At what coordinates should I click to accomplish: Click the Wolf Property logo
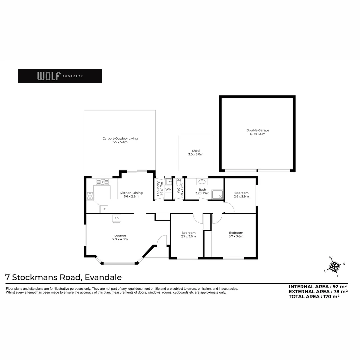[60, 76]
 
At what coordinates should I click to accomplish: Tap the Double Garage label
[258, 132]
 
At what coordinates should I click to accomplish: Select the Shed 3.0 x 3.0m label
[196, 152]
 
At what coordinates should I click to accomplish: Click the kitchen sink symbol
[102, 182]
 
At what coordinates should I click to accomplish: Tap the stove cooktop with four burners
[90, 196]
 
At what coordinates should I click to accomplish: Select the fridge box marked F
[104, 209]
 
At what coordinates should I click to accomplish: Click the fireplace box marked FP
[116, 219]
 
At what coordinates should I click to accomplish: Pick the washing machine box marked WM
[168, 189]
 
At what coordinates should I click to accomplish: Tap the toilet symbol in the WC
[179, 182]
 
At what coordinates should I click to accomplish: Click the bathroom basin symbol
[202, 182]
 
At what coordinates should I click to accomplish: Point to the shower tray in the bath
[217, 194]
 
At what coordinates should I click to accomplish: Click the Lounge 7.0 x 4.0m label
[120, 237]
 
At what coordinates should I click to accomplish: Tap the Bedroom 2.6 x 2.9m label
[241, 194]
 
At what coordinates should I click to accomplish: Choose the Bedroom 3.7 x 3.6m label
[236, 234]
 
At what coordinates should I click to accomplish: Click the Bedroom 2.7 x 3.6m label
[188, 234]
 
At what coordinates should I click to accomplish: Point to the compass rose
[335, 267]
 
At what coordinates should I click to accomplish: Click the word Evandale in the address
[103, 277]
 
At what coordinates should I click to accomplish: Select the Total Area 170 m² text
[314, 296]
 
